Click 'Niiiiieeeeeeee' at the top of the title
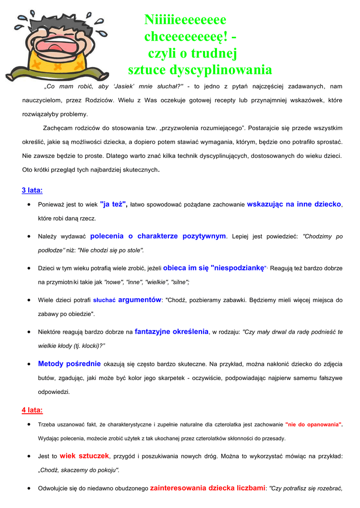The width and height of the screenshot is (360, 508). pos(185,20)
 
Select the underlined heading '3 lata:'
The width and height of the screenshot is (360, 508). pos(32,190)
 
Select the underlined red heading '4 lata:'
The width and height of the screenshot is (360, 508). pos(32,410)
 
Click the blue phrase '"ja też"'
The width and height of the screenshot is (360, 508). pos(114,204)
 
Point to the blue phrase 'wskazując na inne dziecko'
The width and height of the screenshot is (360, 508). pos(294,204)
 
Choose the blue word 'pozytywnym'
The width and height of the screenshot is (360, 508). pos(204,236)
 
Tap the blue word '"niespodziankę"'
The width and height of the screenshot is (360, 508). pos(239,268)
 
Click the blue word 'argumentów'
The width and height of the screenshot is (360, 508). pos(140,300)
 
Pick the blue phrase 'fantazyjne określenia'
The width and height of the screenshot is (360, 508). pos(171,331)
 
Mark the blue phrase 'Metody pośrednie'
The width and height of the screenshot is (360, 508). pos(70,364)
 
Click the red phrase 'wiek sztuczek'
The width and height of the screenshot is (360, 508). pos(84,456)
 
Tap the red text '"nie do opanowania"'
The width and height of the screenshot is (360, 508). pos(313,425)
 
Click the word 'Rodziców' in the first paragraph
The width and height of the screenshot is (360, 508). pos(101,100)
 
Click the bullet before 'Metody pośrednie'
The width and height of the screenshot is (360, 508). pos(31,364)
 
